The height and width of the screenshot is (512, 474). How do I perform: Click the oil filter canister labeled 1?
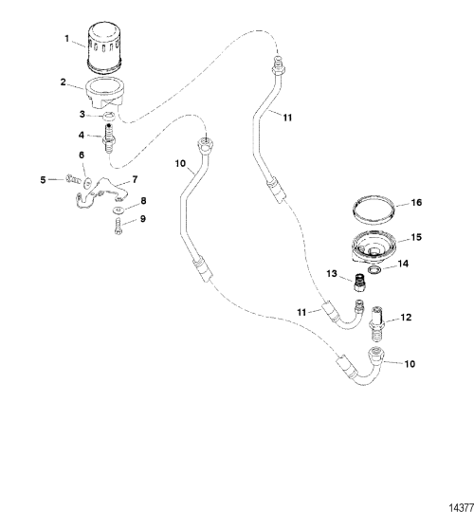104,47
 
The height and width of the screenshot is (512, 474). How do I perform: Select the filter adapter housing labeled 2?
105,94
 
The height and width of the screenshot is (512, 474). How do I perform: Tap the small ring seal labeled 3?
108,116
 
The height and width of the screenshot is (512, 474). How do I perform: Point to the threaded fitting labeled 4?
108,138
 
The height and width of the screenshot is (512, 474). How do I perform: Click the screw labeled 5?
73,178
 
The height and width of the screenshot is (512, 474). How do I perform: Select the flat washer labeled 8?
118,210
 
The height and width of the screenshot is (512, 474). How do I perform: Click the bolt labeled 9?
118,226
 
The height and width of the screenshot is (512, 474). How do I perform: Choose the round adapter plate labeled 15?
374,247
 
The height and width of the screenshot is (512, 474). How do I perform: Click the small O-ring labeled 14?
374,270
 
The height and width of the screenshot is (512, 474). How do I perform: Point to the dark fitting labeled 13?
359,283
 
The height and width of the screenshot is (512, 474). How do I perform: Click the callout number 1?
67,39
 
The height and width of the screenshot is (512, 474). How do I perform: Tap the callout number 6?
82,155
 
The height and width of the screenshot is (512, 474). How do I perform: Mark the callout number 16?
416,203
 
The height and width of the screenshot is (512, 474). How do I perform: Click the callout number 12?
406,318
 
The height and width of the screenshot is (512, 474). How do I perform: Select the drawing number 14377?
462,508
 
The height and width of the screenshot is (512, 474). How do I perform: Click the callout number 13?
332,273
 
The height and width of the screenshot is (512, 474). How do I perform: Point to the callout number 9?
143,219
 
